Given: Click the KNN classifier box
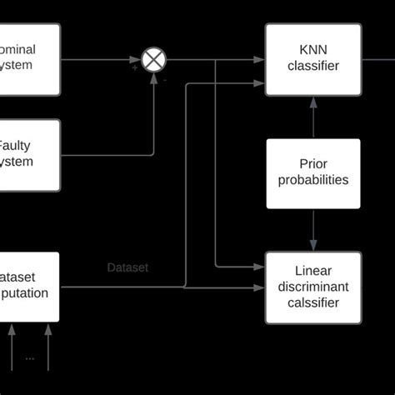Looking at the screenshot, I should (x=313, y=59).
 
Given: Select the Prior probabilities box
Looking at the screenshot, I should (x=313, y=172).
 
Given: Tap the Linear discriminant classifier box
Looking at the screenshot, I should (x=313, y=287).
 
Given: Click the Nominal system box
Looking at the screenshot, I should (x=30, y=59).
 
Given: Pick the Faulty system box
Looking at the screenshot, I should (x=30, y=154).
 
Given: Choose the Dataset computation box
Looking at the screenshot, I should (x=30, y=287).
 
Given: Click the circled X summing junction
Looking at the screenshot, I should (x=153, y=60).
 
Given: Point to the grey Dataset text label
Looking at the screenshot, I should (x=127, y=268).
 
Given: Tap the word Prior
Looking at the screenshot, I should (x=313, y=164).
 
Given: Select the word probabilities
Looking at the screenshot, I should (x=313, y=180).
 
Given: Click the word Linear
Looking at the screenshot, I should (x=313, y=271).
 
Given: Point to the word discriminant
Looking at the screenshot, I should (x=313, y=287).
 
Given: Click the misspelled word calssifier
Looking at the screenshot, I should (x=313, y=302).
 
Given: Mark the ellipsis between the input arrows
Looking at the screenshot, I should (x=30, y=358).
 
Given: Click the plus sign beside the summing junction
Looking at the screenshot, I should (x=135, y=68).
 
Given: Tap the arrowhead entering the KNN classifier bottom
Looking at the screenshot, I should (x=313, y=100).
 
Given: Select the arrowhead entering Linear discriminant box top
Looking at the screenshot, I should (x=313, y=247).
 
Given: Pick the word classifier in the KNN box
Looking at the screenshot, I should (x=313, y=67).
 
